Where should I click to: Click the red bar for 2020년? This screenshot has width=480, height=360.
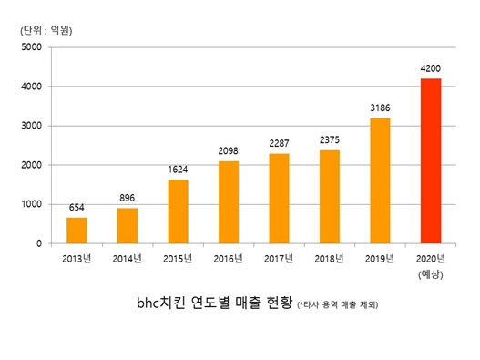(x=431, y=161)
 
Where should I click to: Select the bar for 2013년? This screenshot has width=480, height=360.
(x=77, y=231)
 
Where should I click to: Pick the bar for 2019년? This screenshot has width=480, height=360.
(x=380, y=180)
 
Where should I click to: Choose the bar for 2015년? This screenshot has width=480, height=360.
(x=179, y=211)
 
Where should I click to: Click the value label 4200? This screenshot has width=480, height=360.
(x=431, y=68)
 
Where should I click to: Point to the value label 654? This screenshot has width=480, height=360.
(x=77, y=208)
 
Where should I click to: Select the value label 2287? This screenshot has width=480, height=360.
(x=279, y=144)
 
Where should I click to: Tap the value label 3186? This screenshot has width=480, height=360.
(x=380, y=108)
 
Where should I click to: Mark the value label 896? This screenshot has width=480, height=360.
(x=128, y=199)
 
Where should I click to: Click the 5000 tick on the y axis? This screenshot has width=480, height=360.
(x=32, y=47)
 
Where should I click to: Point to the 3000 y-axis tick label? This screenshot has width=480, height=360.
(x=32, y=126)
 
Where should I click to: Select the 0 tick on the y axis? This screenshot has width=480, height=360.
(x=39, y=244)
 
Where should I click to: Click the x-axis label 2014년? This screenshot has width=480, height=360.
(x=128, y=260)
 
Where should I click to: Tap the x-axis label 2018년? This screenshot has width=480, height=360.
(x=330, y=260)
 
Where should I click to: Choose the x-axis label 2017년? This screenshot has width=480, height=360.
(x=279, y=260)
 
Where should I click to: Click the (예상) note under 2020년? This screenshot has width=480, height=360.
(x=431, y=274)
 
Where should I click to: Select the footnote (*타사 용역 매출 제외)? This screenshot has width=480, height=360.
(x=337, y=305)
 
